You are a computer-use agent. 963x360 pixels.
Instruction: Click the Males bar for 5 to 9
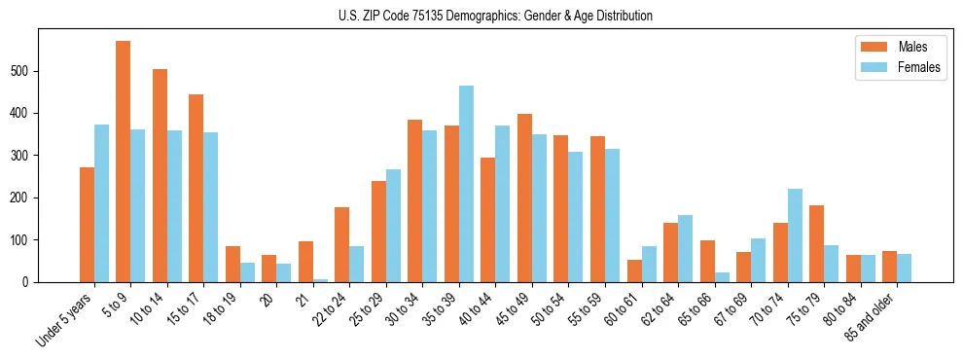click(124, 162)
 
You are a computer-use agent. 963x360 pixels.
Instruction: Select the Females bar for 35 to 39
click(466, 184)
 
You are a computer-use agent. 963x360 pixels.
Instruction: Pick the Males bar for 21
click(305, 262)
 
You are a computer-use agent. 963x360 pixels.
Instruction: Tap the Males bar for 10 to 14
click(160, 175)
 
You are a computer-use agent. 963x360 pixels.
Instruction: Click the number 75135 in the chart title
click(421, 17)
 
